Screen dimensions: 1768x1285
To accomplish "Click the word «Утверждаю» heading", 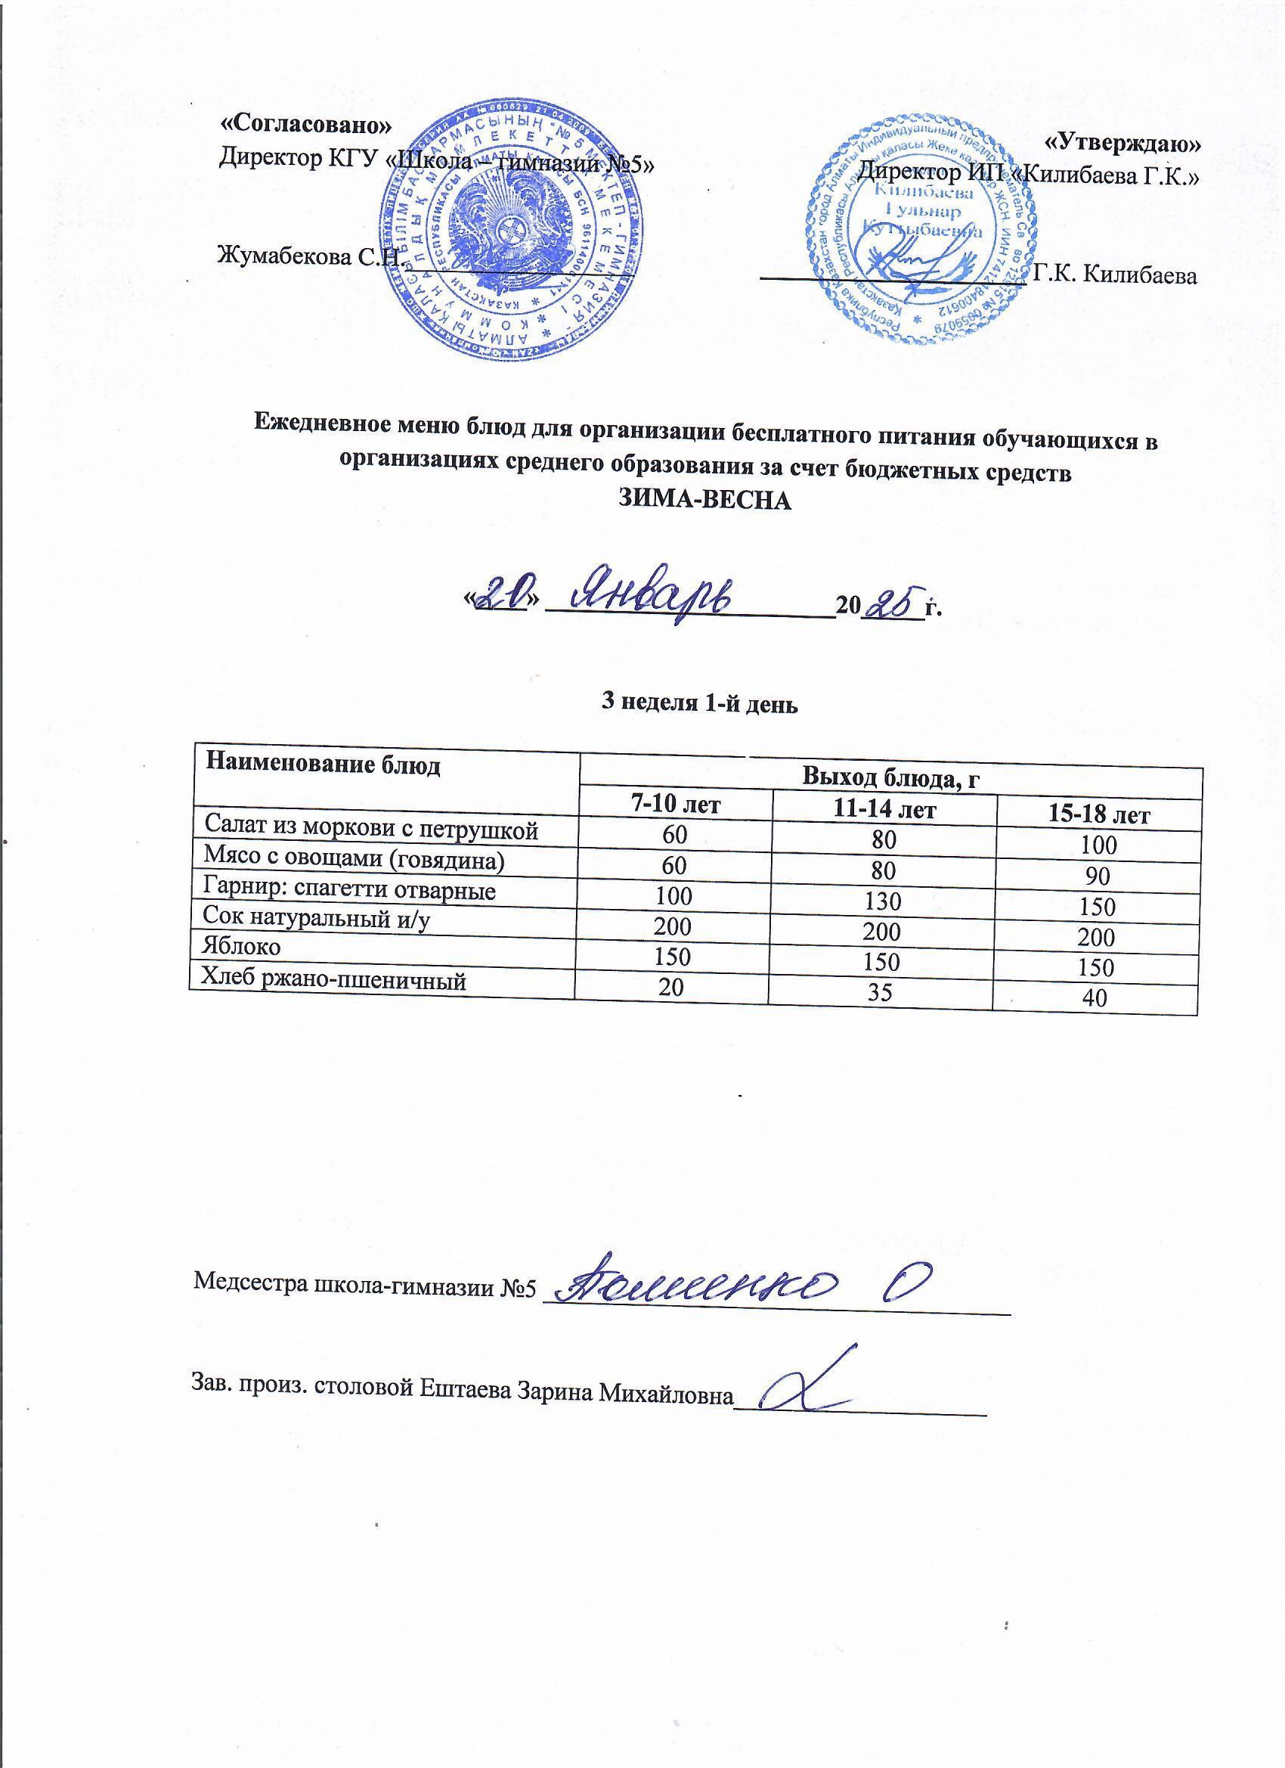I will pos(1122,144).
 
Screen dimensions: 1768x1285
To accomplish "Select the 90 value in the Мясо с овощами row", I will pos(1098,877).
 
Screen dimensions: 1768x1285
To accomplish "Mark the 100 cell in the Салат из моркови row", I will pos(1098,845).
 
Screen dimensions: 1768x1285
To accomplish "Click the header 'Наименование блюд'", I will pos(323,765).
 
